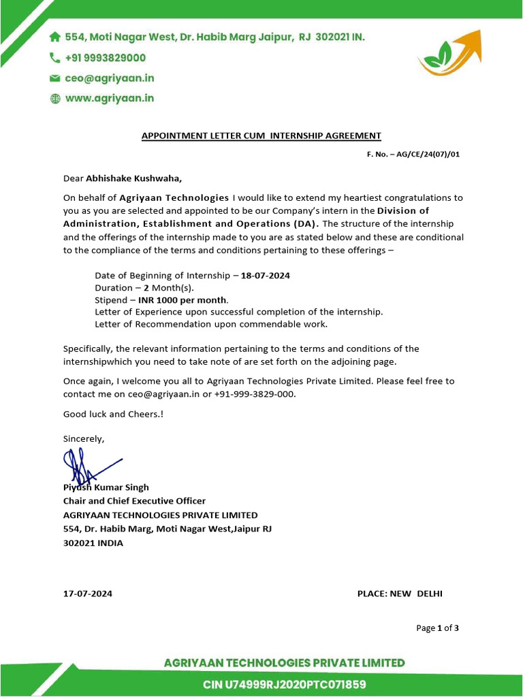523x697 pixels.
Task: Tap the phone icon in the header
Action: pos(55,59)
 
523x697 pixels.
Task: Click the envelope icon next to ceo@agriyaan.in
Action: pos(55,79)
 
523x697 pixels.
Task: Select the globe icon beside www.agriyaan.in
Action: pos(55,99)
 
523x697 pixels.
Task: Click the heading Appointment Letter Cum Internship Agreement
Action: pos(261,135)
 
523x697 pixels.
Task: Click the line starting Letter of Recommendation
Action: pos(211,324)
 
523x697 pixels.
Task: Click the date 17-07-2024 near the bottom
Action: pos(88,594)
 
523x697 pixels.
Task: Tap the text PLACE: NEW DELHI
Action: pos(400,594)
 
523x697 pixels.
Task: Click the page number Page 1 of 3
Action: pos(437,628)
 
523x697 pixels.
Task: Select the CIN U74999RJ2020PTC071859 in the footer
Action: pos(285,684)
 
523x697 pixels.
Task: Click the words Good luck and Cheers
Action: pos(104,414)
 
